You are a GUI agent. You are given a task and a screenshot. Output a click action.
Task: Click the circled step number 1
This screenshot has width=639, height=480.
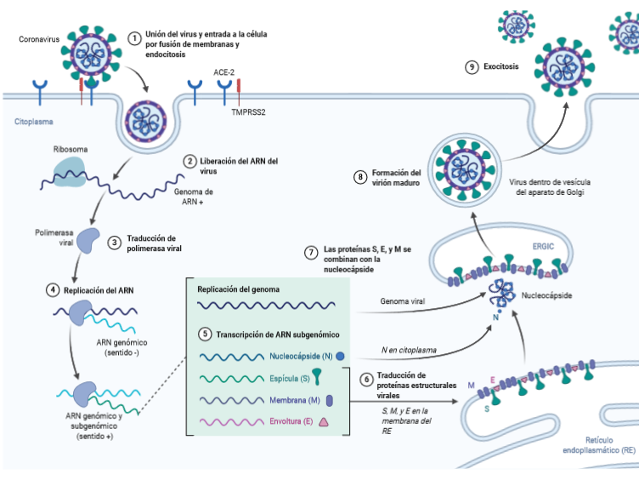tap(134, 38)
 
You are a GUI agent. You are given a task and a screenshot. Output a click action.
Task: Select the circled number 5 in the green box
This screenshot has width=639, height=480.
tap(204, 333)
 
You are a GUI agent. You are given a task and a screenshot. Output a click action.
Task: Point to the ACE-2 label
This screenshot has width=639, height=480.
tap(225, 74)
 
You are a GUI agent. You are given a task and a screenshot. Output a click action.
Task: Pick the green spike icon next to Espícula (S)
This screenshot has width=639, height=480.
tap(316, 378)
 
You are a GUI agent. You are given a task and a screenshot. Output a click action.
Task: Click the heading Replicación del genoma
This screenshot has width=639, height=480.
tap(239, 289)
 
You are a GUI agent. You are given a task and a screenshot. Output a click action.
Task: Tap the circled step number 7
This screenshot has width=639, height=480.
tap(312, 254)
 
